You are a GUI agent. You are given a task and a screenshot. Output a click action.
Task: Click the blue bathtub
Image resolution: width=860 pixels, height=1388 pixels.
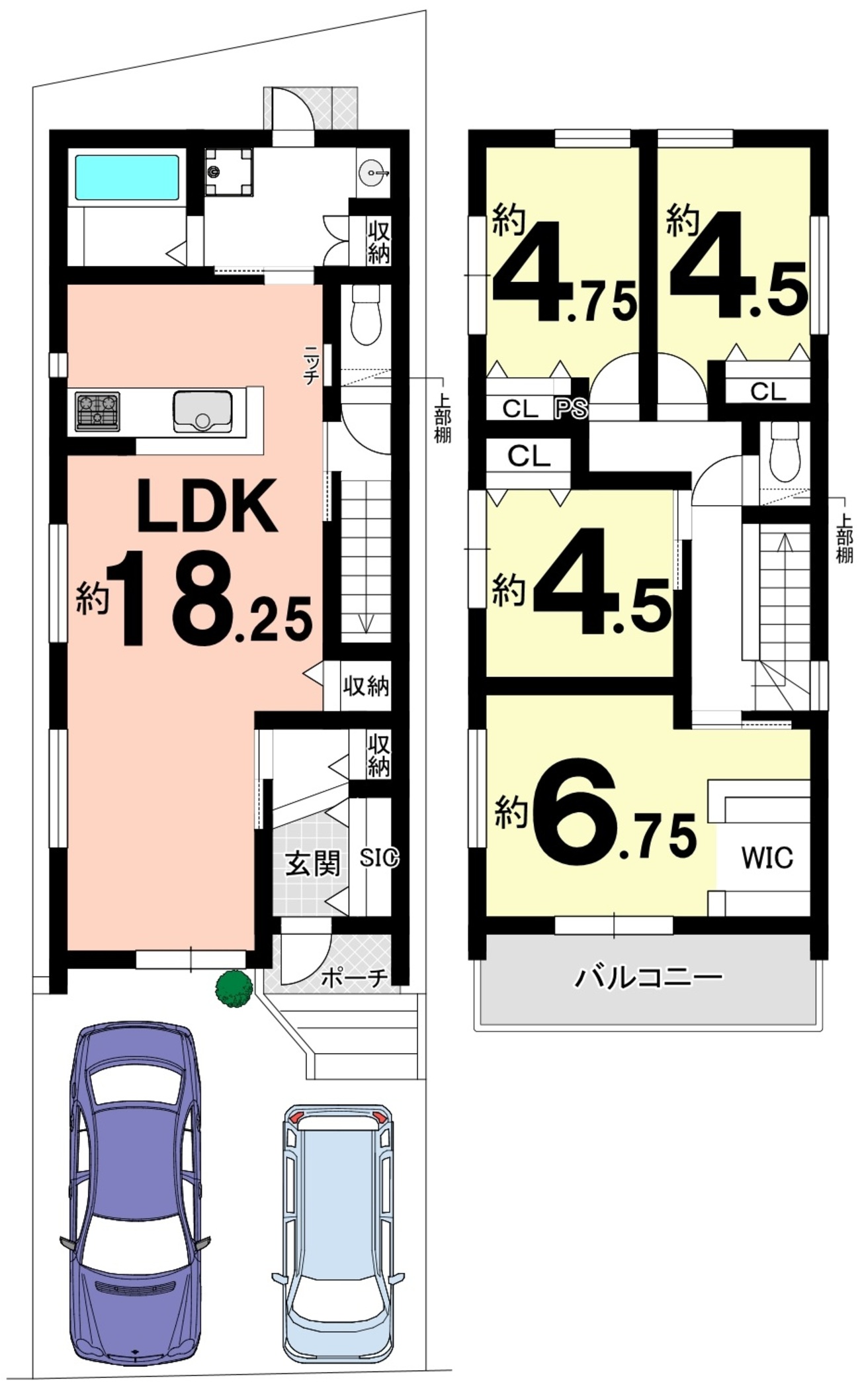click(x=126, y=177)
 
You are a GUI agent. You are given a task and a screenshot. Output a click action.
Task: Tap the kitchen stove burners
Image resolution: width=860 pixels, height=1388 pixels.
click(x=97, y=411)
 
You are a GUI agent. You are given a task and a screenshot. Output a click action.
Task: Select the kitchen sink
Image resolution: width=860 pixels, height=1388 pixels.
click(x=202, y=411)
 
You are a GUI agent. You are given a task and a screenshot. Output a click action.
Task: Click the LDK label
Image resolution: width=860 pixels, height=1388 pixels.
click(x=206, y=506)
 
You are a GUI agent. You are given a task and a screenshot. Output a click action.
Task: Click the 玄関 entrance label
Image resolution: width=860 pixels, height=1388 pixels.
click(x=312, y=864)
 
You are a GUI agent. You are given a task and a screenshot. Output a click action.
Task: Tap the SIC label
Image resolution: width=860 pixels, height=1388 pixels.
click(x=379, y=858)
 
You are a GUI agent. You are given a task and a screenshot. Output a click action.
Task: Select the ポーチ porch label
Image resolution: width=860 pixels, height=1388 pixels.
click(x=354, y=978)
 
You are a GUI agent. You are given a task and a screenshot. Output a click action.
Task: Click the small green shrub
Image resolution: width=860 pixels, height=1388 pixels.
click(x=234, y=989)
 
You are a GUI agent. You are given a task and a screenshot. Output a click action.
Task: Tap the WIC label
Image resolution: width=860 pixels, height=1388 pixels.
click(x=767, y=858)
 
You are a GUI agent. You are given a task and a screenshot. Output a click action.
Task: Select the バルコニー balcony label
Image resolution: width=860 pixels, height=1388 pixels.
click(x=648, y=977)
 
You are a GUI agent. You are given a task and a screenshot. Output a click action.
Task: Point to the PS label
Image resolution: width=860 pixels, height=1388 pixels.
click(x=572, y=408)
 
